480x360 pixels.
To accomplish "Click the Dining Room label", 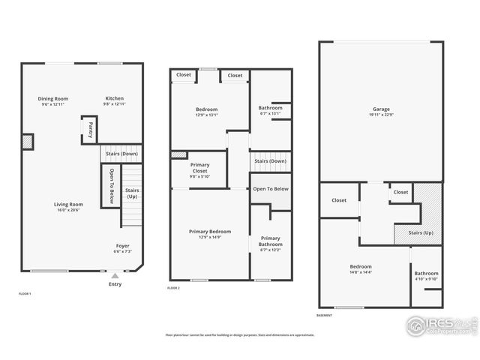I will tap(53, 98).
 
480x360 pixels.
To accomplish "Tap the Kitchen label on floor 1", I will tap(114, 98).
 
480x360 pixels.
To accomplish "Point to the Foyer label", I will tap(122, 246).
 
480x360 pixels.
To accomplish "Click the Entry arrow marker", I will tap(115, 277).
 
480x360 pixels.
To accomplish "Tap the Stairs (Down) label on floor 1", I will tap(121, 154).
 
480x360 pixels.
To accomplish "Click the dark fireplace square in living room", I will tap(28, 141).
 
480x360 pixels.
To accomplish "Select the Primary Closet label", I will tap(199, 168).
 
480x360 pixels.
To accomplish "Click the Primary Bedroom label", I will tap(210, 232).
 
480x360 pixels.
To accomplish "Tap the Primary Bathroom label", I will tap(270, 241).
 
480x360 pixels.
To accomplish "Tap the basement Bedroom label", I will tap(360, 266).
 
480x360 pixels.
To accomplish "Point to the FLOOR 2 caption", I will tap(173, 289).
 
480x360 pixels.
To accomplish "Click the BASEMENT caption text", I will tap(325, 316).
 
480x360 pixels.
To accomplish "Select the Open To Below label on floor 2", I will tap(271, 189).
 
